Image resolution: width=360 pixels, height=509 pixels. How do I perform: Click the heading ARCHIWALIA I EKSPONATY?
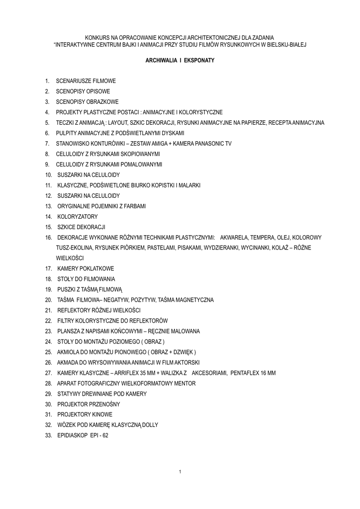click(x=180, y=60)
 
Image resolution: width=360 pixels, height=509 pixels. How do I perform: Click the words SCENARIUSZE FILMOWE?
click(x=86, y=81)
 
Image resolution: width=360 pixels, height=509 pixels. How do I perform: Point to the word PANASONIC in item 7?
click(x=204, y=144)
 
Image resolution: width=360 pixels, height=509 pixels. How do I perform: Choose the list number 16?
click(x=48, y=238)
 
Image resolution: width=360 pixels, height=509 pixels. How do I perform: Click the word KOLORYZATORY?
click(x=78, y=217)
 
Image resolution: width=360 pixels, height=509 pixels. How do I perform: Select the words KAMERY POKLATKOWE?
click(x=86, y=269)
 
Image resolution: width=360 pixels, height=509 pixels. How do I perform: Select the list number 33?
click(x=48, y=435)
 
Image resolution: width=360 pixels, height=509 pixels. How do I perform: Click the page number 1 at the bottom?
click(x=180, y=471)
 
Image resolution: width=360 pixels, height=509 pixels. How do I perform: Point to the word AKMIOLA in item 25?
click(x=69, y=352)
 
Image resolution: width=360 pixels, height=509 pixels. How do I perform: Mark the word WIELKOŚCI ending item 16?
click(x=70, y=258)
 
